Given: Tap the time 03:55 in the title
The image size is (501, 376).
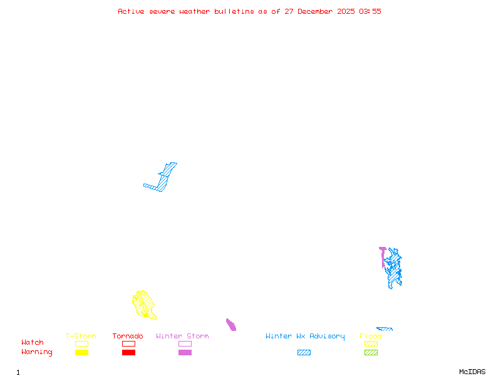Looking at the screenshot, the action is pos(370,11).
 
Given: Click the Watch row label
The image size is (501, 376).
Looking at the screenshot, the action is pos(33,343).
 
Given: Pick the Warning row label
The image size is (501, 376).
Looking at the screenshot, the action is pos(37,352).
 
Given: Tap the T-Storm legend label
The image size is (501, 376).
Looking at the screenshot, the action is pos(81,337).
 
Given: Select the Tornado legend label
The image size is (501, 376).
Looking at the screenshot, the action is pos(128,337).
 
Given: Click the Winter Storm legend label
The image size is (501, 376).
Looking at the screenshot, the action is pos(182,337).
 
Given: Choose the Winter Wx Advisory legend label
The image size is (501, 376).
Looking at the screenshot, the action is pos(305,337).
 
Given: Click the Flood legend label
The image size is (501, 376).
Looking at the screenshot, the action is pos(371,337).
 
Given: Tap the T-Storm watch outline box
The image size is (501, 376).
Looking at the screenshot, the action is pos(81,343).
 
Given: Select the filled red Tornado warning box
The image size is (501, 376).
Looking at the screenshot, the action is pos(128,352).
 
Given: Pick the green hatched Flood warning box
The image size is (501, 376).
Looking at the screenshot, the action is pos(371,352).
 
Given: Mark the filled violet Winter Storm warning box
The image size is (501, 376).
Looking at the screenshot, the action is pos(185,352).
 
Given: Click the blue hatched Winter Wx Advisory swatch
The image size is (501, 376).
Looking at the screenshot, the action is pos(304,352).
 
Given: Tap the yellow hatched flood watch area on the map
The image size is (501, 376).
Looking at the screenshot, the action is pos(144,304).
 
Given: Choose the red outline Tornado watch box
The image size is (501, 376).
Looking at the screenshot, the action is pos(128,343).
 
